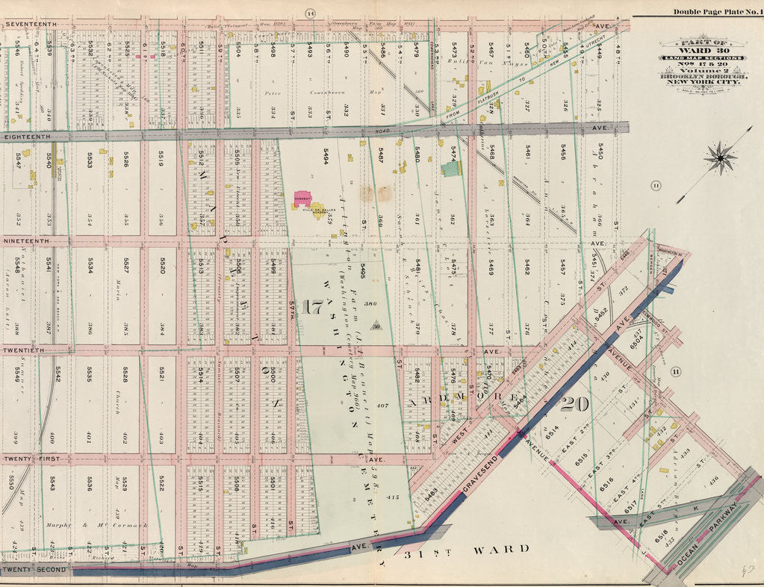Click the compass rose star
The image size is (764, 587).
[720, 159]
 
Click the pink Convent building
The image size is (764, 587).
[302, 199]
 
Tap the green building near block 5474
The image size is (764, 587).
[452, 170]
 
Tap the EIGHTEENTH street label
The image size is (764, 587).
[27, 137]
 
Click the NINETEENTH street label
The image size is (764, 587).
[27, 242]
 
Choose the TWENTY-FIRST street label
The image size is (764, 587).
[31, 459]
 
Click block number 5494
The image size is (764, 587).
[326, 158]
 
